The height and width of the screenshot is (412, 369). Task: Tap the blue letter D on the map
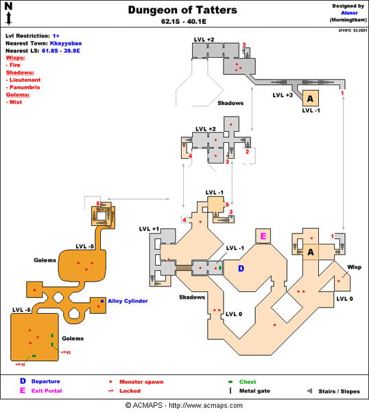[x=241, y=268]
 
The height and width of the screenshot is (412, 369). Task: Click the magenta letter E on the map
[x=263, y=236]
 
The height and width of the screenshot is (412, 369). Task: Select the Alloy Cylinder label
[x=128, y=301]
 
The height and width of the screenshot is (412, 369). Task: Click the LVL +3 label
[x=283, y=95]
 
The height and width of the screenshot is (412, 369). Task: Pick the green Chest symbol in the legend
[x=231, y=381]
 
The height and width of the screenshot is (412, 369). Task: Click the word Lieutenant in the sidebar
[x=27, y=80]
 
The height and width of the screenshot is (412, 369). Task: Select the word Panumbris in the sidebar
[x=26, y=87]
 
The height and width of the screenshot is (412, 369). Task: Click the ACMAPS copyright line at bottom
[x=184, y=406]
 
